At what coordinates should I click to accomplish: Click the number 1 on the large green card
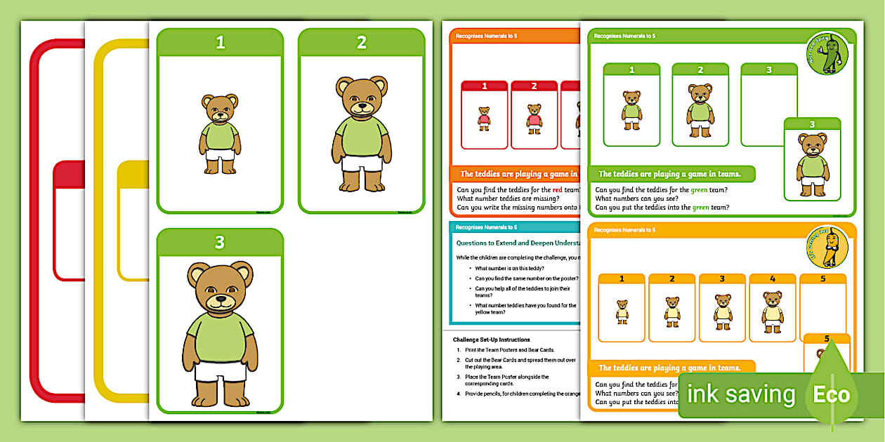click(x=220, y=43)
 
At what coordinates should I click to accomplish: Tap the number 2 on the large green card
click(x=361, y=43)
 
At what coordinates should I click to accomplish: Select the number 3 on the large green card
click(x=220, y=243)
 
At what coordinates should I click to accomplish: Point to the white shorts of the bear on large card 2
click(x=362, y=163)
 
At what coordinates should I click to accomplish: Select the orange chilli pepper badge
click(x=827, y=248)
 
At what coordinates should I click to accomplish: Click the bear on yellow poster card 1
click(x=622, y=312)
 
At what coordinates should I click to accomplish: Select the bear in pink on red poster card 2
click(x=534, y=119)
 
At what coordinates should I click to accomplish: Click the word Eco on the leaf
click(x=831, y=394)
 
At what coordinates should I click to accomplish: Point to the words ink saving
click(x=740, y=394)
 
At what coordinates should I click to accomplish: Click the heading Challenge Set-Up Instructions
click(x=491, y=340)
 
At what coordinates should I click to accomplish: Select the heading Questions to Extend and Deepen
click(x=516, y=243)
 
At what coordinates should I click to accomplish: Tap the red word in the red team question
click(x=558, y=189)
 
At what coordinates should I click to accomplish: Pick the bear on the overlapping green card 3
click(x=812, y=167)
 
